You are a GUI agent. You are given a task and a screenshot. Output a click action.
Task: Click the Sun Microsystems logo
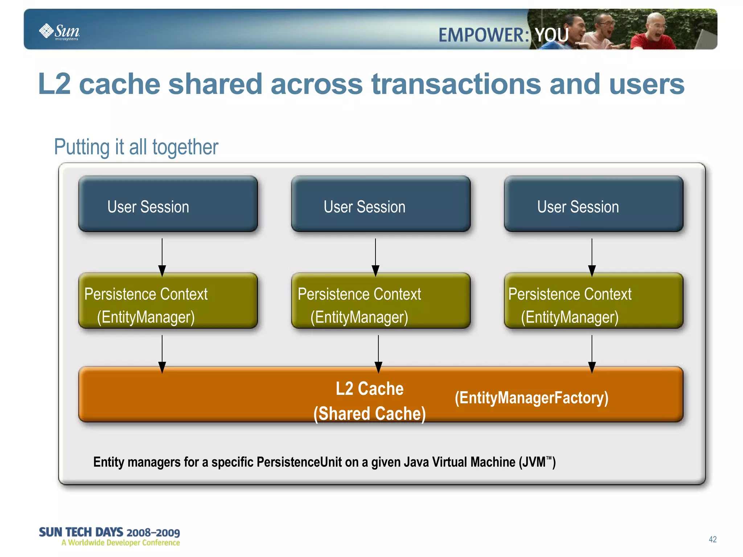(59, 32)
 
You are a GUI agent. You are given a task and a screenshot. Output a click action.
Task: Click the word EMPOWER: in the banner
(483, 36)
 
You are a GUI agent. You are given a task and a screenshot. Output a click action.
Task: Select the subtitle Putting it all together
(136, 147)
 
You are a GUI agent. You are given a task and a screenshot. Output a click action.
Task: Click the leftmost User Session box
(168, 204)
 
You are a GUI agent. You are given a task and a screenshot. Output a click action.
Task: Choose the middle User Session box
(381, 204)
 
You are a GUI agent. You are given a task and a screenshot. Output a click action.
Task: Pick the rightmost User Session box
(594, 204)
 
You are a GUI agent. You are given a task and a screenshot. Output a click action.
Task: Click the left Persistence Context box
(168, 301)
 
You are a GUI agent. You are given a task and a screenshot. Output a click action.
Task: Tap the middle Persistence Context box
(381, 301)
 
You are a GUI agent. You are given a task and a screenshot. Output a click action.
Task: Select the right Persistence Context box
(594, 301)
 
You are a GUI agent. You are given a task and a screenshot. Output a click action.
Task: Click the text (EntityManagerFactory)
(531, 398)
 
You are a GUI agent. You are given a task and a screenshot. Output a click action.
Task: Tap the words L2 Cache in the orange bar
(369, 389)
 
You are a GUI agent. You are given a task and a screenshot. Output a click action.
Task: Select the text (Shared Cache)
(369, 414)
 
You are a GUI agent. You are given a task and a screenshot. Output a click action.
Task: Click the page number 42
(713, 539)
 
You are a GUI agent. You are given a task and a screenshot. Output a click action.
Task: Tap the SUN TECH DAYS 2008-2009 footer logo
(109, 536)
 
